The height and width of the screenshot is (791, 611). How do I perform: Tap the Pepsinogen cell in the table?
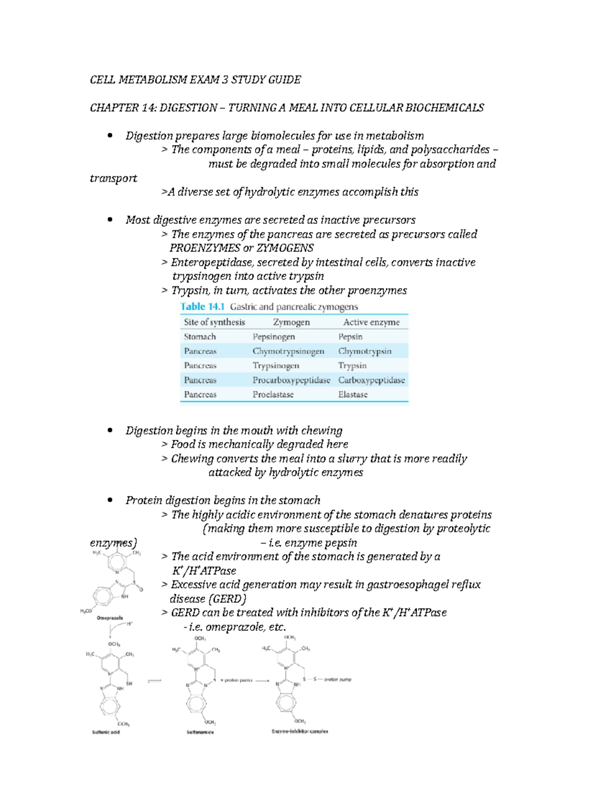(x=273, y=337)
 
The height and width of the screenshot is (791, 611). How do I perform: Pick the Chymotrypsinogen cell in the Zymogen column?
(x=288, y=351)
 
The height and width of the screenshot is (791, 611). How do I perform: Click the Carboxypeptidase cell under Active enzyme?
(x=371, y=380)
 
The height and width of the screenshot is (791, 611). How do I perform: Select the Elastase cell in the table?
(x=352, y=394)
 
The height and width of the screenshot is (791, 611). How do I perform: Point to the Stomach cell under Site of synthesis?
(x=200, y=337)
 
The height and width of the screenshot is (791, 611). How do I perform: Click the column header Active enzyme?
(x=371, y=322)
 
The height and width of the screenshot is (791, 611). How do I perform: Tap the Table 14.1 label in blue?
(x=202, y=307)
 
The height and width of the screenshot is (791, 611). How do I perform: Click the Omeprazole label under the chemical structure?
(x=109, y=618)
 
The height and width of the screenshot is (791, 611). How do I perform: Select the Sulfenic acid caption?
(x=105, y=732)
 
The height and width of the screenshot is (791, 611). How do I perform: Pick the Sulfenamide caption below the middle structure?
(x=200, y=732)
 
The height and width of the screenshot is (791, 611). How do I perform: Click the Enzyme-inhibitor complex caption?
(x=299, y=731)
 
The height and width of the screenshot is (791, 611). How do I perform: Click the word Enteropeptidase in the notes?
(x=212, y=262)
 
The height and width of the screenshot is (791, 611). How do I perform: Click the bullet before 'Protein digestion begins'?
(x=109, y=500)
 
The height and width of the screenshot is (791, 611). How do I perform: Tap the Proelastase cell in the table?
(x=273, y=394)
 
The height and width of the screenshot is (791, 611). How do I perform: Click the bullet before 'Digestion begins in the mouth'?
(x=109, y=430)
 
